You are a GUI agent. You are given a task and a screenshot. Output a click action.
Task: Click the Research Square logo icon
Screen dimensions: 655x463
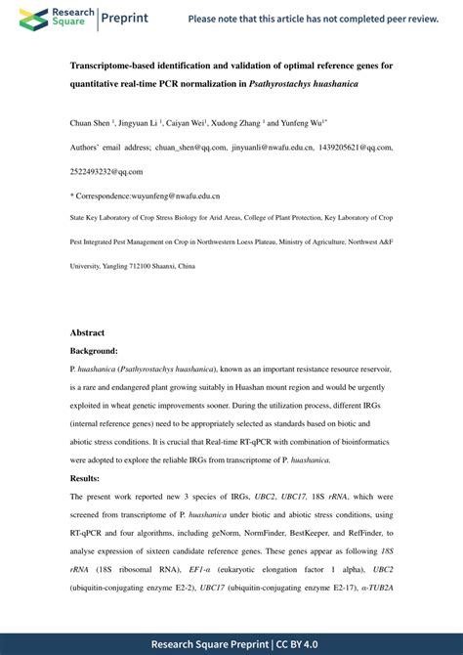31,18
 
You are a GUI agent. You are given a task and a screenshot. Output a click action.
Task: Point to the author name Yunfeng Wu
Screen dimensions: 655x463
303,124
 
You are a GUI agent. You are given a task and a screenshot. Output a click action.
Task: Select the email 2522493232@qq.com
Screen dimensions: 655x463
106,170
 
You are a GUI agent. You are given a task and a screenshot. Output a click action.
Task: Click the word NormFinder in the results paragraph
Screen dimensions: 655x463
244,533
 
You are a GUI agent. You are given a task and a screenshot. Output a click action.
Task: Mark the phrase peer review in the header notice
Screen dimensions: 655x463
407,19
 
